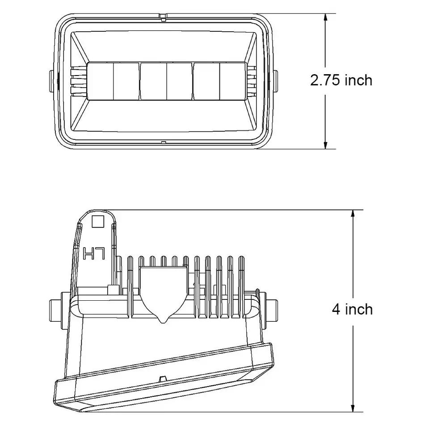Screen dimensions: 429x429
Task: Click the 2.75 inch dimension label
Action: tap(341, 80)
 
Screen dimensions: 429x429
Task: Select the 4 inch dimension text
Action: tap(352, 309)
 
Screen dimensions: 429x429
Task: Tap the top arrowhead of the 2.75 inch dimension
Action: tap(326, 18)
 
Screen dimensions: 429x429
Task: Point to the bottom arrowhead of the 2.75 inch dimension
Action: tap(326, 144)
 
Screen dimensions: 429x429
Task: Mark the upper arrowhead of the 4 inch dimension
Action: tap(353, 214)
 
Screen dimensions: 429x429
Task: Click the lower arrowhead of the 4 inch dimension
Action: tap(353, 407)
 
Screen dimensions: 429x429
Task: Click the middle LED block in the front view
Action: tap(166, 81)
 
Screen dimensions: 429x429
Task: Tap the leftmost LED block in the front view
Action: tap(113, 81)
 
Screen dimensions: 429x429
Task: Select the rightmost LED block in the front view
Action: tap(219, 81)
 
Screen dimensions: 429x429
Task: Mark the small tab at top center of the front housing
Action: tap(164, 17)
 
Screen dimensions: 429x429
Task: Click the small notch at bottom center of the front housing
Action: tap(164, 143)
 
